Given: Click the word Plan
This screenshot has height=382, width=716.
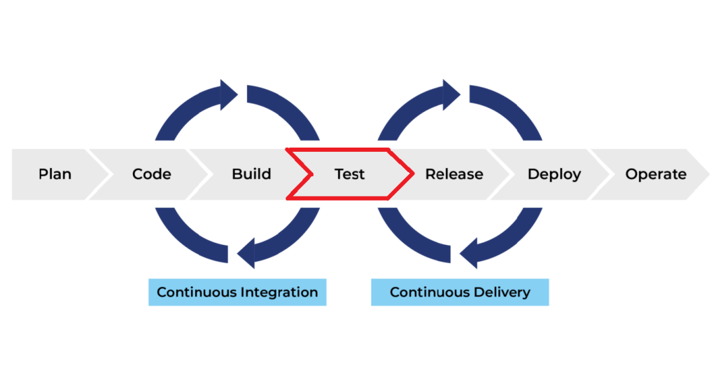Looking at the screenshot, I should pos(55,174).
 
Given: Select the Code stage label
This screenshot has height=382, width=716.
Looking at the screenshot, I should pos(151,174).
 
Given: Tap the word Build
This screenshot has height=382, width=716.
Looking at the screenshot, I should pos(251,174).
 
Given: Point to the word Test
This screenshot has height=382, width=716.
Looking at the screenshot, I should pos(349,174).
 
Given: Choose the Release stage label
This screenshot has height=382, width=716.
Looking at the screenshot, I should pos(454,174).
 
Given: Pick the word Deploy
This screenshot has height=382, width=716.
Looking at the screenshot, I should pos(554,174).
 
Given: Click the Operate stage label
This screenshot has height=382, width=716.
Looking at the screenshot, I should pos(656,174).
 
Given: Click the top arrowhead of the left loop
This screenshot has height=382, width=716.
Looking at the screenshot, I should pos(229,94).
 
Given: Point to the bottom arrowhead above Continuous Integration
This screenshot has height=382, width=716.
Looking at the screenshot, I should pos(246,253).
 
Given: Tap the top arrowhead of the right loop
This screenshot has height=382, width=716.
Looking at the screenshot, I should pos(451,94).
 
